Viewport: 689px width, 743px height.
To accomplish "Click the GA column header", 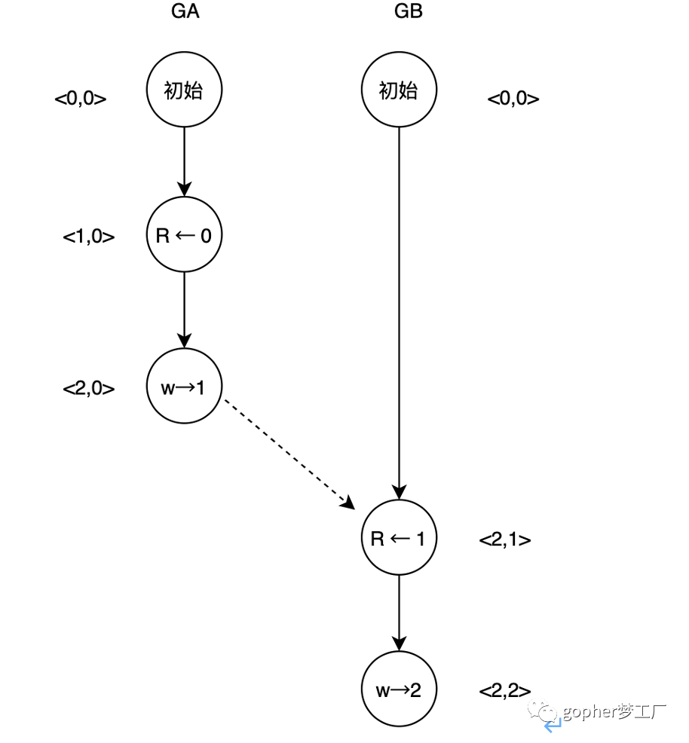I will tap(185, 13).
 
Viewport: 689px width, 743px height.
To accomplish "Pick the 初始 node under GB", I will tap(399, 90).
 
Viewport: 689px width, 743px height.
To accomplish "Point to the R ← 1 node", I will tap(399, 538).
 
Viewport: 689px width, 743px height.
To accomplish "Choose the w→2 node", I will tap(399, 689).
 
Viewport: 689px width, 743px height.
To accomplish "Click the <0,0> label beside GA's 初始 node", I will tap(81, 99).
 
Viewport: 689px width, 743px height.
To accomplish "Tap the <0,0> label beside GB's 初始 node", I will tap(513, 99).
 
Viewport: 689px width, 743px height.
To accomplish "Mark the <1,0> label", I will tap(89, 237).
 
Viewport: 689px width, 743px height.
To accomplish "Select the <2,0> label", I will tap(89, 389).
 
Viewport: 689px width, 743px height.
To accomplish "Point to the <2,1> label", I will tap(505, 540).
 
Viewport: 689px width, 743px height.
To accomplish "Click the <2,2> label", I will tap(505, 691).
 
